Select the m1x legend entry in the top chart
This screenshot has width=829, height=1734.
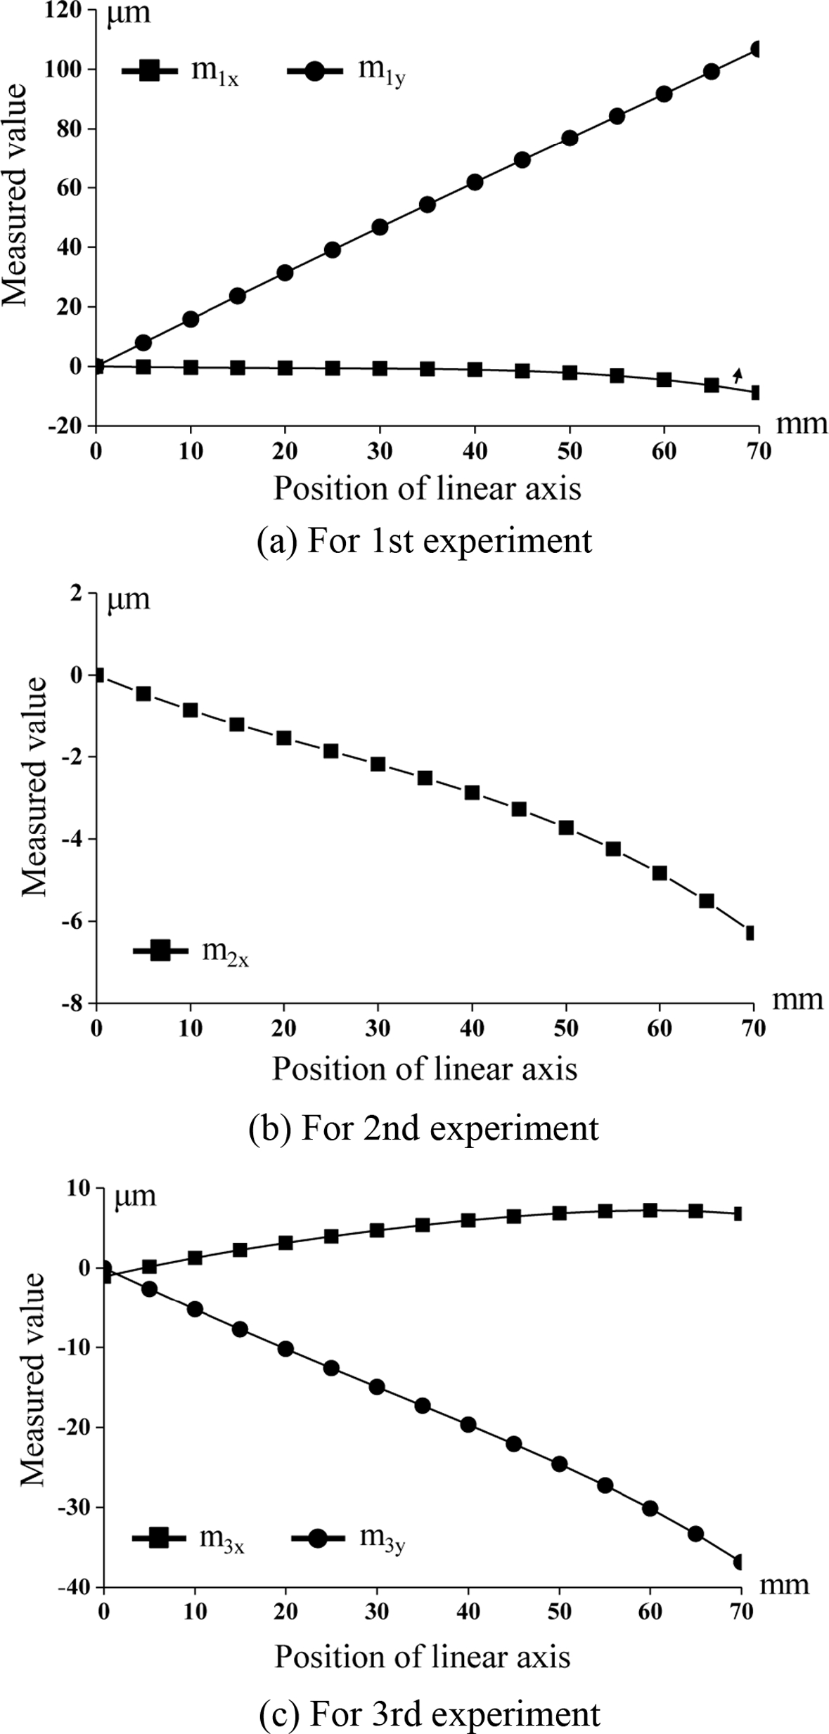click(x=181, y=71)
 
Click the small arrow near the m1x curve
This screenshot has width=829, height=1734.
click(x=737, y=374)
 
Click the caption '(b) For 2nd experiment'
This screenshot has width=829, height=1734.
click(x=423, y=1128)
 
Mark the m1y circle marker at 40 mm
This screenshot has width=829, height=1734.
click(x=475, y=183)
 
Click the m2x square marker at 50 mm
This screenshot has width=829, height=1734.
click(x=566, y=828)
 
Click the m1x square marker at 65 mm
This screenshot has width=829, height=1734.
click(x=712, y=385)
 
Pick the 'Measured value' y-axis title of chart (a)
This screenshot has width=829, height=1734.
click(x=14, y=195)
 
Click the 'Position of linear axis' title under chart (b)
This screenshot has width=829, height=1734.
click(x=425, y=1069)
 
